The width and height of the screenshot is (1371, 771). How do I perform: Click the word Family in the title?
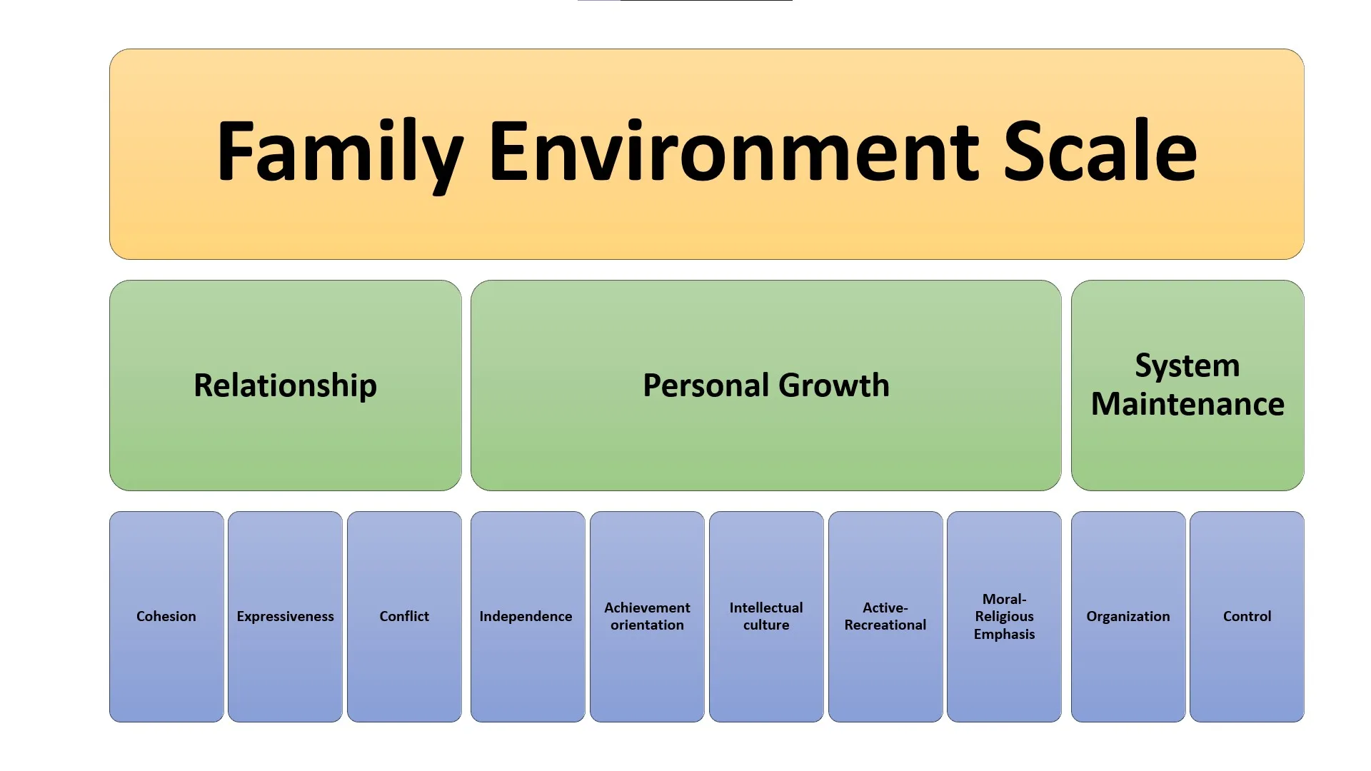click(340, 151)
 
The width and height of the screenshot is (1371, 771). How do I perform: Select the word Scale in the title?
click(1100, 151)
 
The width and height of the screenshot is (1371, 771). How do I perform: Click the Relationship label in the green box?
click(285, 385)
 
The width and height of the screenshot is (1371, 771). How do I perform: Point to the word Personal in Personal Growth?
click(705, 385)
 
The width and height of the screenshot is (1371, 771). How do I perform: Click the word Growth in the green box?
click(834, 385)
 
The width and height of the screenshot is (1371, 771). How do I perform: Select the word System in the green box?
click(1187, 366)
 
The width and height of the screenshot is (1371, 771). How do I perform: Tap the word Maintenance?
click(1187, 404)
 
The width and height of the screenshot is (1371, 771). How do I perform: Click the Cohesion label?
click(166, 616)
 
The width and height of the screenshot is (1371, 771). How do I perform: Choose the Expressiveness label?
click(285, 616)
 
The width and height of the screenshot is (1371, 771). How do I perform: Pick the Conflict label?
click(404, 616)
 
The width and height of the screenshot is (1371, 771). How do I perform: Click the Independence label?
click(526, 616)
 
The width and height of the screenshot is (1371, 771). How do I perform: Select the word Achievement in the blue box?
click(647, 608)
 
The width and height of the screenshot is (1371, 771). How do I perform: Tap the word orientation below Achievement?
click(647, 625)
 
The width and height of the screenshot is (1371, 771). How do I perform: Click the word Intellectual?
click(765, 608)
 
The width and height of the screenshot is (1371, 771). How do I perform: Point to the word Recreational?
click(885, 625)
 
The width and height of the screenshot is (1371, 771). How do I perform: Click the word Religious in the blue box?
click(1004, 616)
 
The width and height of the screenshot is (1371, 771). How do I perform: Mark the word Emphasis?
click(1004, 634)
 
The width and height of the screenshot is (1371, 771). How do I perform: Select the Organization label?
click(1128, 616)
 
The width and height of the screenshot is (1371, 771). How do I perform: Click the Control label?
click(1247, 616)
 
